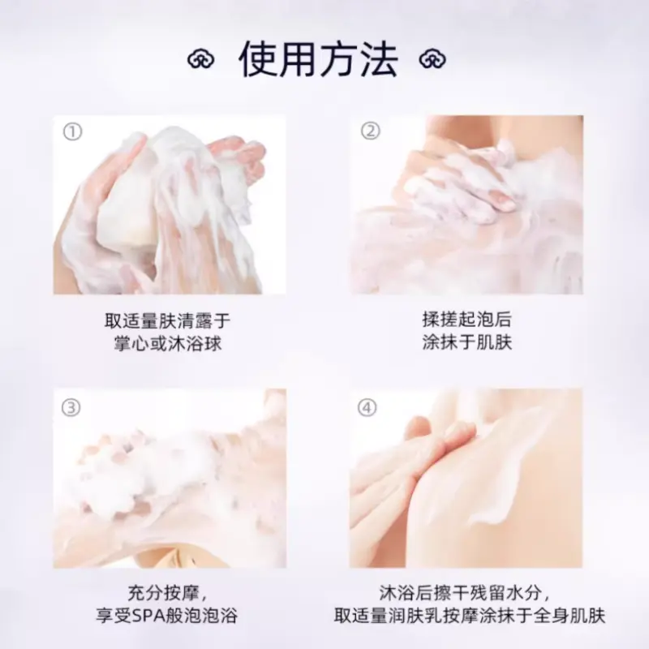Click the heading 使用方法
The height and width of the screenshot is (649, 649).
click(x=318, y=59)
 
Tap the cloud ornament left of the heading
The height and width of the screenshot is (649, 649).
click(x=200, y=59)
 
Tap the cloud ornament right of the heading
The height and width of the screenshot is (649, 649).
click(x=432, y=59)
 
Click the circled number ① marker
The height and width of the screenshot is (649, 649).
click(x=72, y=132)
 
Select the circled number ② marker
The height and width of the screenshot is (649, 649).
click(x=370, y=131)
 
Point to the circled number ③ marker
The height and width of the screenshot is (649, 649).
click(x=71, y=408)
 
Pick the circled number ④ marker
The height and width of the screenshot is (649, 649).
click(x=367, y=408)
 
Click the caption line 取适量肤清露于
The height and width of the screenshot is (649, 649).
click(x=168, y=320)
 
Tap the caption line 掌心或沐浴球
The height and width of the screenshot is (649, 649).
click(x=168, y=343)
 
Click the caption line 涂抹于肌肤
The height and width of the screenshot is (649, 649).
click(x=467, y=342)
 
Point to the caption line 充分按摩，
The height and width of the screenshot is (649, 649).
click(x=168, y=593)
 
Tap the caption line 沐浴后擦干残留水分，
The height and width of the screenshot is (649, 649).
click(x=465, y=593)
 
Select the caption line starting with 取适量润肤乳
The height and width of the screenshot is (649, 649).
click(x=470, y=616)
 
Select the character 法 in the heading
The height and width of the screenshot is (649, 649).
click(x=379, y=59)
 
